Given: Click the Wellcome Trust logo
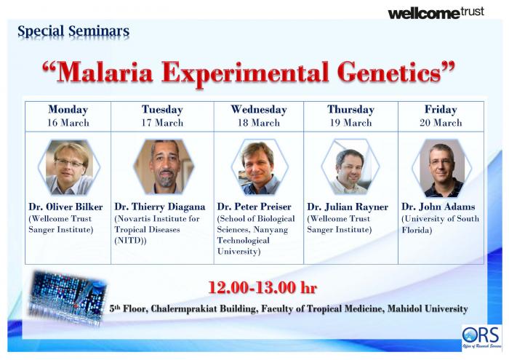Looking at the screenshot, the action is tap(436, 13).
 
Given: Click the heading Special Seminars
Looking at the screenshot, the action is tap(73, 31).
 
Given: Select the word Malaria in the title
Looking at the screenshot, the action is tap(105, 73).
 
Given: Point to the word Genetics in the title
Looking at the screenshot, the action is tap(390, 73).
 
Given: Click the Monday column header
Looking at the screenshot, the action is tap(68, 110).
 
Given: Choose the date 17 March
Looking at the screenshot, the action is tap(162, 123).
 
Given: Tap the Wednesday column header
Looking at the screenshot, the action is tap(259, 110).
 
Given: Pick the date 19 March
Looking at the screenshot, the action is tap(351, 123).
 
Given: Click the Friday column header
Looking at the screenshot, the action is tap(441, 110).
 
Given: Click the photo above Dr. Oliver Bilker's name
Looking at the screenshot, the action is tap(69, 167).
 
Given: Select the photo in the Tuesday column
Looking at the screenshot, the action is tap(164, 167).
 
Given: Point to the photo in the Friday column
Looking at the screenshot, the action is tap(442, 168).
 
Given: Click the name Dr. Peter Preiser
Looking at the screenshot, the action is tap(254, 207).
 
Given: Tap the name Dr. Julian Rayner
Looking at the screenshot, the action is tap(348, 207).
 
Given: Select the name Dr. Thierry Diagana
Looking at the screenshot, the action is tap(160, 207).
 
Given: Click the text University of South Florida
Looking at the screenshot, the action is tap(440, 224).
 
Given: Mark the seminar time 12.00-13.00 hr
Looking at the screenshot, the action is tap(262, 287).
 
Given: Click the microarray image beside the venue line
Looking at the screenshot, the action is tap(68, 298).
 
